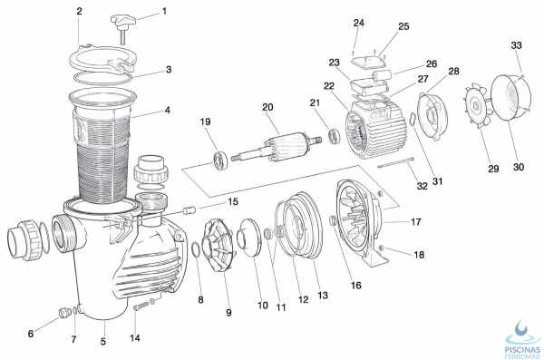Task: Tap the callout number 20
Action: [267, 108]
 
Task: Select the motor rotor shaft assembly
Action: [277, 147]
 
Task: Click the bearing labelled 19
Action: [220, 161]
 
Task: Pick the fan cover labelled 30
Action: [511, 98]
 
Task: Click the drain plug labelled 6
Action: [63, 313]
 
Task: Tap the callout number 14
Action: [135, 337]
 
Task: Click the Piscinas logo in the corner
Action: [523, 339]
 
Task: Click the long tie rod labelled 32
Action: [396, 163]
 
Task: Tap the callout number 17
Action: [415, 222]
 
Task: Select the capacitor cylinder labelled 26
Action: [382, 75]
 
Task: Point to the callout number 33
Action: [516, 45]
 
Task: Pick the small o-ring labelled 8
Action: [195, 250]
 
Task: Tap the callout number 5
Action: [103, 342]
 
